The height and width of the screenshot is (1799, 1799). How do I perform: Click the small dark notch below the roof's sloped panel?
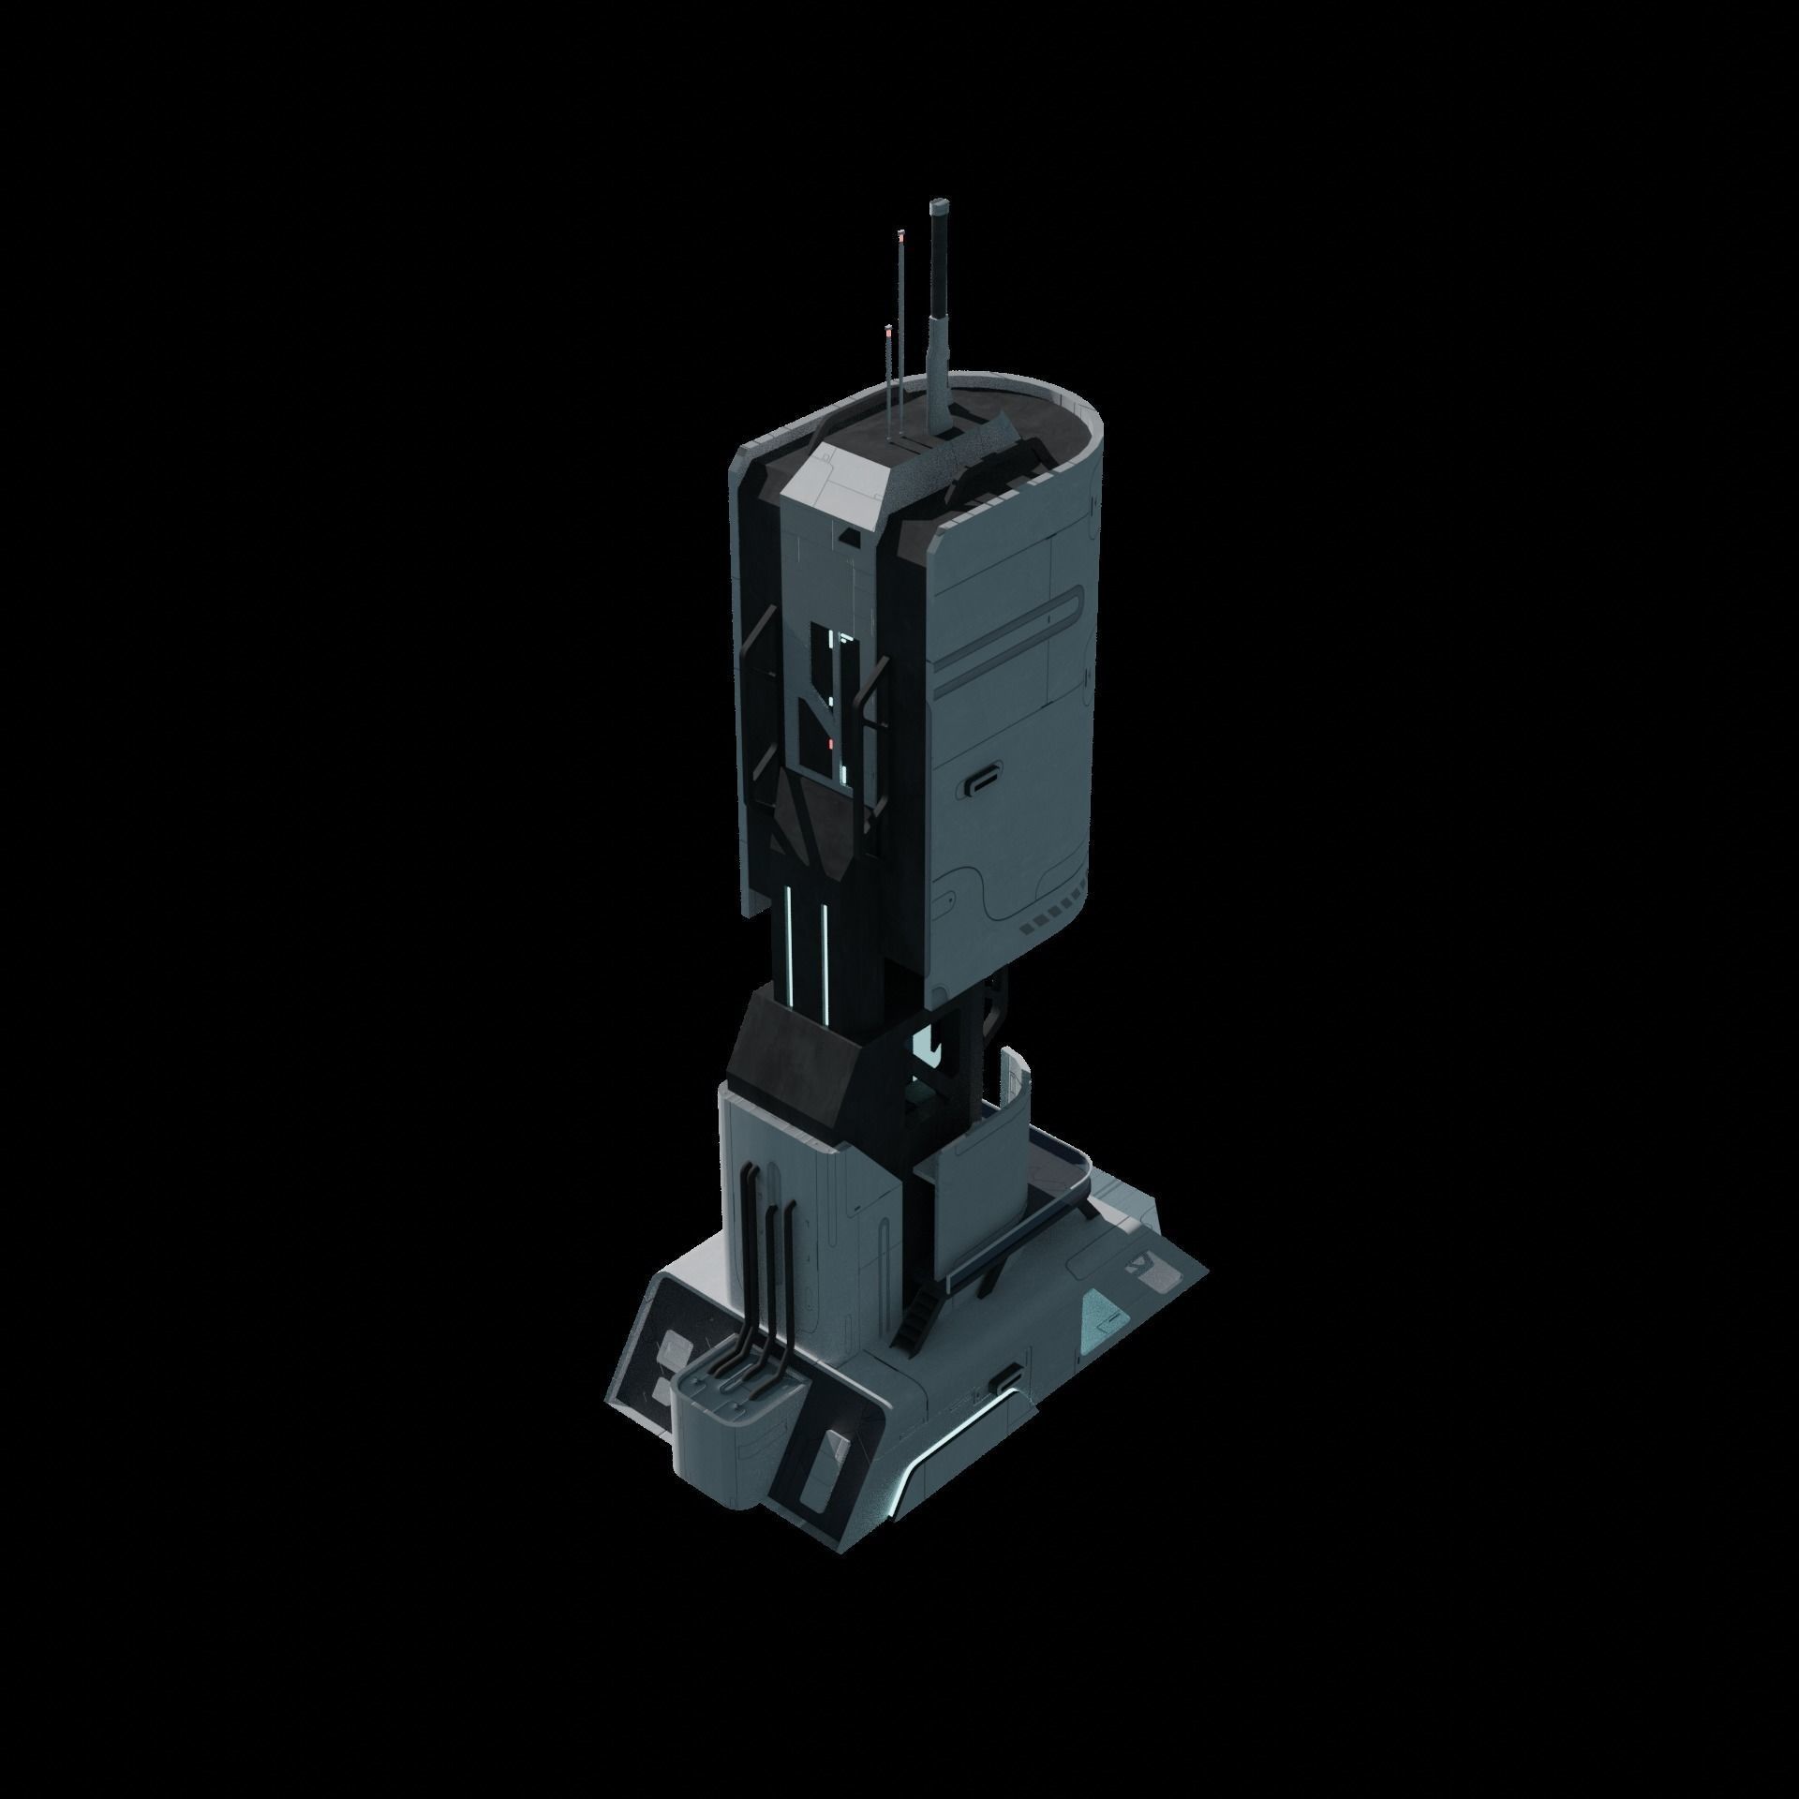click(x=851, y=536)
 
